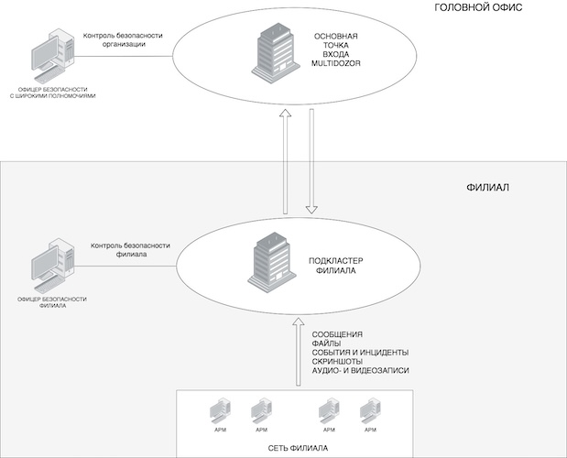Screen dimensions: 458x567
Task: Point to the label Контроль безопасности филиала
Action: click(x=131, y=250)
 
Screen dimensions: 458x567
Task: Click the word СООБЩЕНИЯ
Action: click(x=338, y=333)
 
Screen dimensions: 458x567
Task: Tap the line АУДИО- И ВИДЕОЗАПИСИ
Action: click(x=360, y=371)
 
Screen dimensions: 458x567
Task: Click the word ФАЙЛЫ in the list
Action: click(x=328, y=343)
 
